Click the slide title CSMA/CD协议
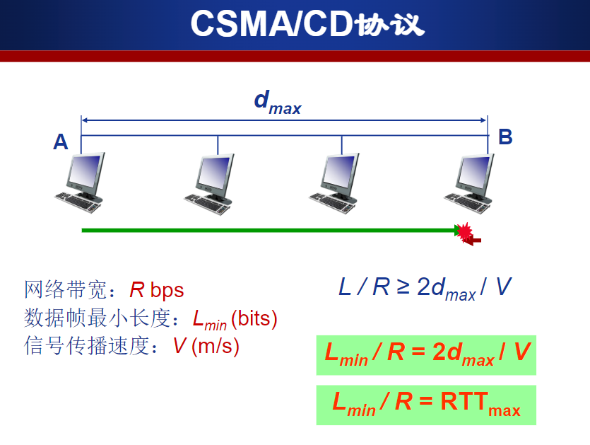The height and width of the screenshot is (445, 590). [x=307, y=24]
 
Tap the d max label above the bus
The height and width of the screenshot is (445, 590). [x=278, y=102]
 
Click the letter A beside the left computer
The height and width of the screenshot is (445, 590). [x=61, y=142]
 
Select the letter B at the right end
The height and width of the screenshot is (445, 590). [x=505, y=137]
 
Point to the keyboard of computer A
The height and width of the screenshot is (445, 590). [x=78, y=203]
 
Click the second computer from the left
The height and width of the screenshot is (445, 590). [x=209, y=184]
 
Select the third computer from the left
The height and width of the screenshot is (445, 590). [x=334, y=183]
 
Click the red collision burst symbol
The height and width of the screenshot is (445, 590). [x=466, y=232]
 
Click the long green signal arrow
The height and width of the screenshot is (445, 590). [x=271, y=230]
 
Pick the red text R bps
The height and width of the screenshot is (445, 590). [x=157, y=290]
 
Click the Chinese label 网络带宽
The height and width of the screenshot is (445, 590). [x=66, y=290]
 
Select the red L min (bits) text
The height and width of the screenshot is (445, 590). [x=235, y=320]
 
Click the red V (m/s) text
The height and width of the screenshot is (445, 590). [x=206, y=346]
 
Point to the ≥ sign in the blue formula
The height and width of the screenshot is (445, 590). [x=403, y=287]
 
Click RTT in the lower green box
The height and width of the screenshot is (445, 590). [x=464, y=401]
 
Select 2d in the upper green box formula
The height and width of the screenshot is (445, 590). [x=447, y=352]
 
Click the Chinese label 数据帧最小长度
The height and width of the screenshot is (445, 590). [x=97, y=318]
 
